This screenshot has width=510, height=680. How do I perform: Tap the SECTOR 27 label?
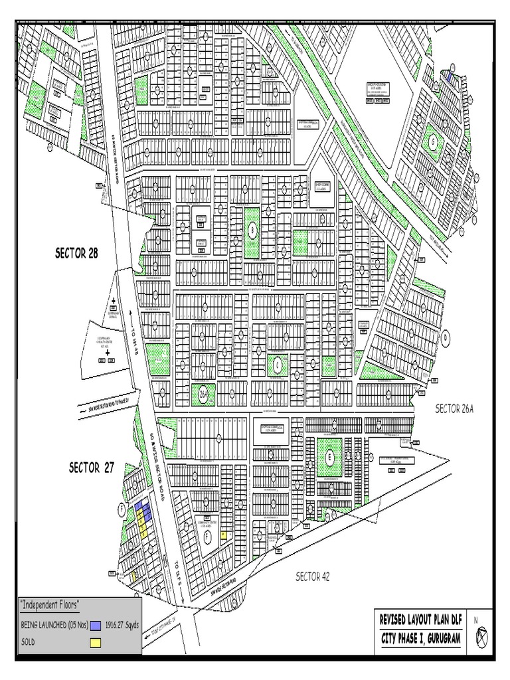(x=92, y=467)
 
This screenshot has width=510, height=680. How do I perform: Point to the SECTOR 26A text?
(x=455, y=408)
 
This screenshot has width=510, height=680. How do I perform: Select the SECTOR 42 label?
(x=312, y=576)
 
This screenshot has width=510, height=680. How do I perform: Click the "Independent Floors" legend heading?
(x=50, y=604)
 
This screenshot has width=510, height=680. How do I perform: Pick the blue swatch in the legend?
(x=96, y=625)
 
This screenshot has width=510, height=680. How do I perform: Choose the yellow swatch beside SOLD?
(x=96, y=642)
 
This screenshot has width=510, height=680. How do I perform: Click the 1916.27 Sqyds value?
(x=120, y=625)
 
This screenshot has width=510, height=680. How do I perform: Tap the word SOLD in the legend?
(x=28, y=642)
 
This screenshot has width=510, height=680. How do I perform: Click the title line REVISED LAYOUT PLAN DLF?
(x=419, y=619)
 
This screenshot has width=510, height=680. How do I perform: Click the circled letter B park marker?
(x=252, y=230)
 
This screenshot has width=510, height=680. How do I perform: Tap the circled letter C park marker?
(x=277, y=363)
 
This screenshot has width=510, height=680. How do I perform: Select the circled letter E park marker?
(x=329, y=457)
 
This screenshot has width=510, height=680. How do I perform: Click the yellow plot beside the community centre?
(x=224, y=535)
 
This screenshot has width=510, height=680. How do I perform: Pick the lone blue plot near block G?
(x=449, y=78)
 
